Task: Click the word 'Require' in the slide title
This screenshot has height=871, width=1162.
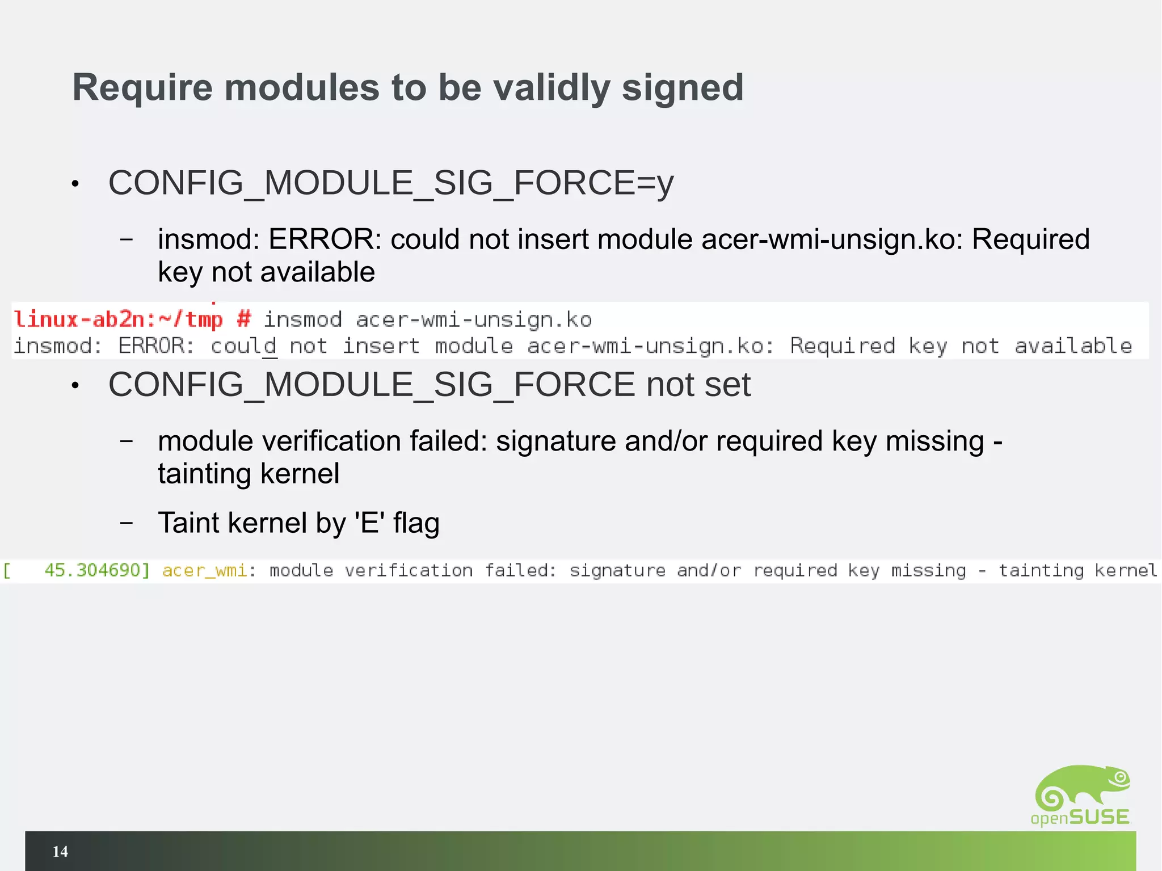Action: pos(142,89)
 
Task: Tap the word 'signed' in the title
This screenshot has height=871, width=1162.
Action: pos(683,89)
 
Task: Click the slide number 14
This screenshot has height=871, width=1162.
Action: pos(60,851)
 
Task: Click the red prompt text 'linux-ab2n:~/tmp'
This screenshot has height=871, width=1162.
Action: pos(118,319)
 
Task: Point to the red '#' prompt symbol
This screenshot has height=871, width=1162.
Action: pos(244,319)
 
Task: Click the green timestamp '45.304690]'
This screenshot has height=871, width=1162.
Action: pos(97,570)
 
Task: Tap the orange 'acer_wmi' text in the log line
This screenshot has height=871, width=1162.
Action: pos(204,570)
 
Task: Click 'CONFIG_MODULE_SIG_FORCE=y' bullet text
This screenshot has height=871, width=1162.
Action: pos(391,183)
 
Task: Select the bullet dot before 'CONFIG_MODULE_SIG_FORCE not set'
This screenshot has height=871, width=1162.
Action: pos(75,386)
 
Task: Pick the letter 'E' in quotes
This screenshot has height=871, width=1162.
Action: pos(369,523)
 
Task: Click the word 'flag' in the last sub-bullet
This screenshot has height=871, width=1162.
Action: pos(416,523)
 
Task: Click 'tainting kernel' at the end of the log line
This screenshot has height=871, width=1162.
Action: pos(1077,570)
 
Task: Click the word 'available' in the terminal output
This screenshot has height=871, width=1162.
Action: pos(1073,346)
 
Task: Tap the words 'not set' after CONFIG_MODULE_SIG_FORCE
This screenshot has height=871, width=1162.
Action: pos(698,385)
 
